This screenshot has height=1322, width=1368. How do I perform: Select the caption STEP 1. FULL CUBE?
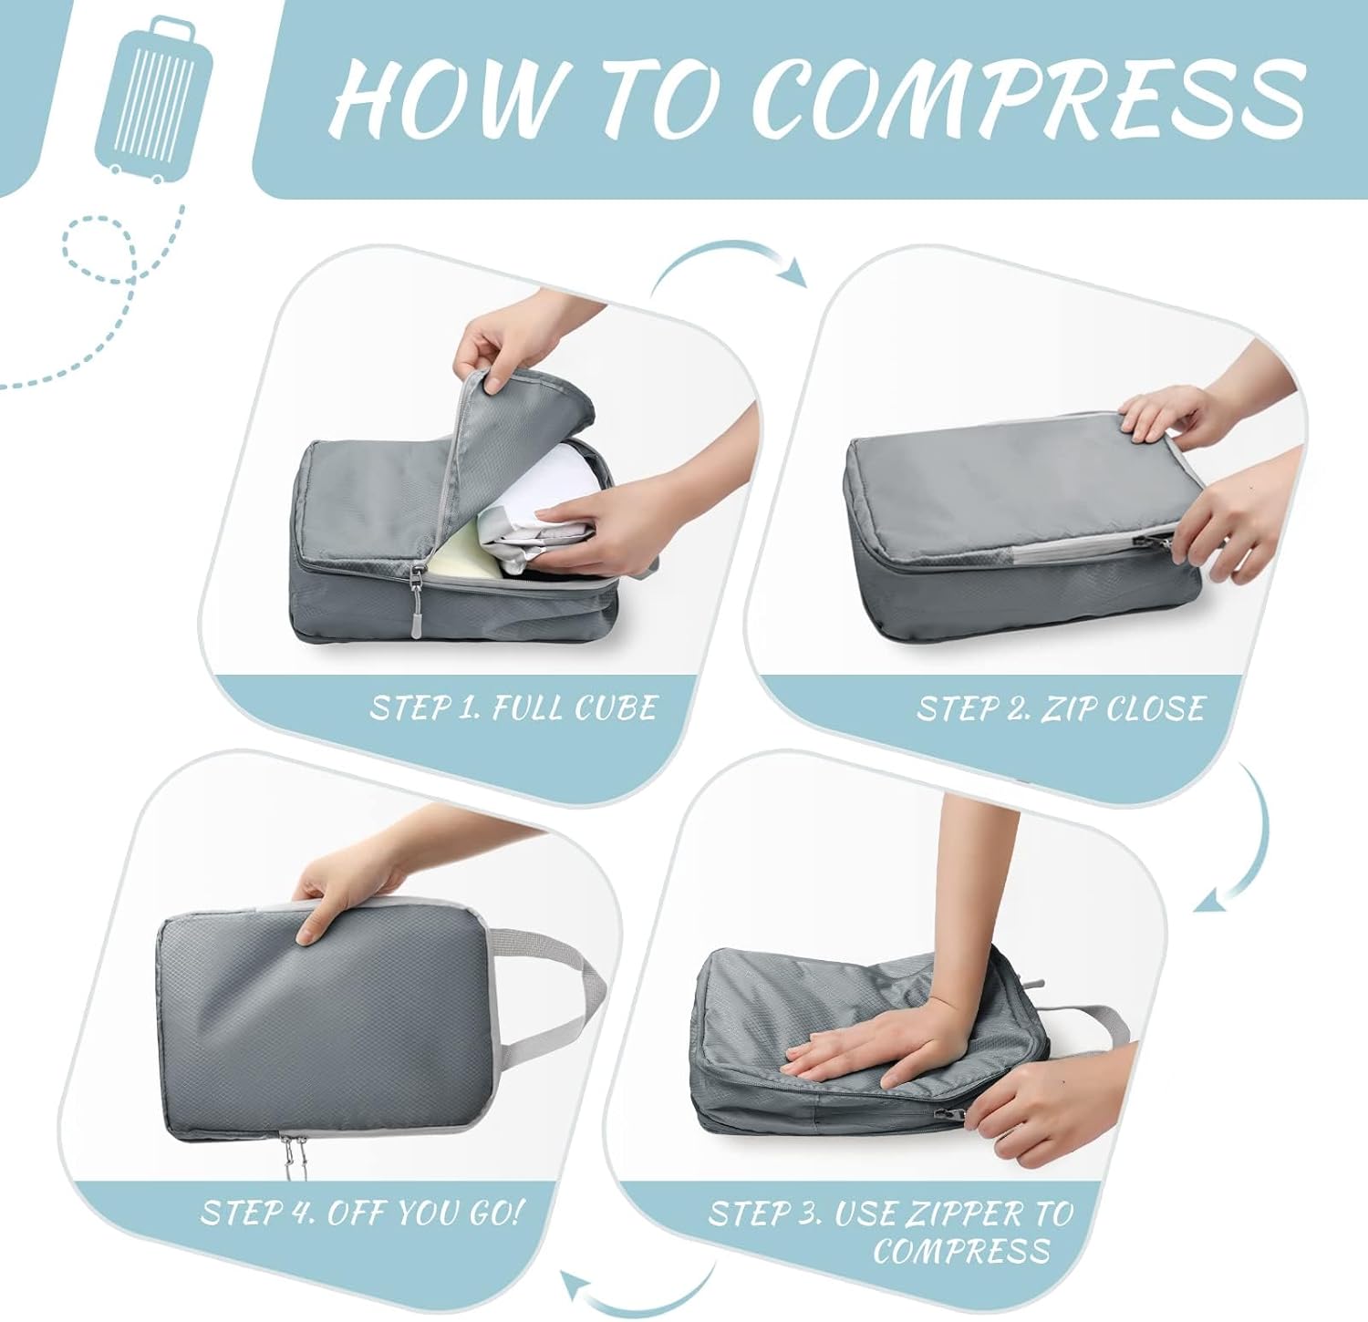click(x=513, y=708)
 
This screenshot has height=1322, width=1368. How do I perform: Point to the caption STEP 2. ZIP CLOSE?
click(x=1060, y=708)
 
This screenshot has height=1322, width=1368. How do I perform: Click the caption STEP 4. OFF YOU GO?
click(x=362, y=1213)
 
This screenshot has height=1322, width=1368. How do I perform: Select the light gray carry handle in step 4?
click(x=556, y=994)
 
